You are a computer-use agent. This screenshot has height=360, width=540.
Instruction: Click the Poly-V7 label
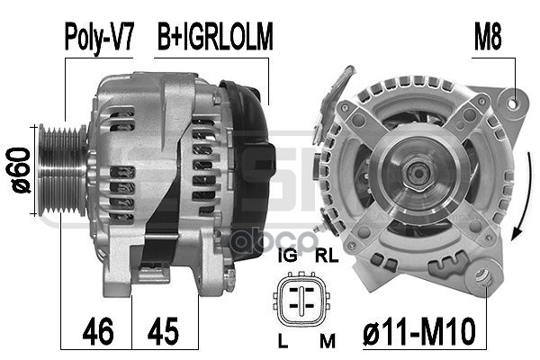[99, 37]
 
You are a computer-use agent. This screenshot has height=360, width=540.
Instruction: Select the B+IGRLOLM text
[215, 36]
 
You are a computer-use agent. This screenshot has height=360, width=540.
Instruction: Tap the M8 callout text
[488, 37]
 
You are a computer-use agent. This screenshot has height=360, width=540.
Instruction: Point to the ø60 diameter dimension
[18, 170]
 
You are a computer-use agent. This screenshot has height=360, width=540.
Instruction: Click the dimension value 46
[98, 331]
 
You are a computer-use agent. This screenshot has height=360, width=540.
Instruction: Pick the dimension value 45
[163, 331]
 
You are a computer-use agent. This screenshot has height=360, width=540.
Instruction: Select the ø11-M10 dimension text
[419, 331]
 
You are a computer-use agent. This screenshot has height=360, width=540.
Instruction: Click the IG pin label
[288, 256]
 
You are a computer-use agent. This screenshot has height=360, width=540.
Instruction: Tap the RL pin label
[327, 256]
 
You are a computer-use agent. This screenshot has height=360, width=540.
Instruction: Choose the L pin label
[283, 340]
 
